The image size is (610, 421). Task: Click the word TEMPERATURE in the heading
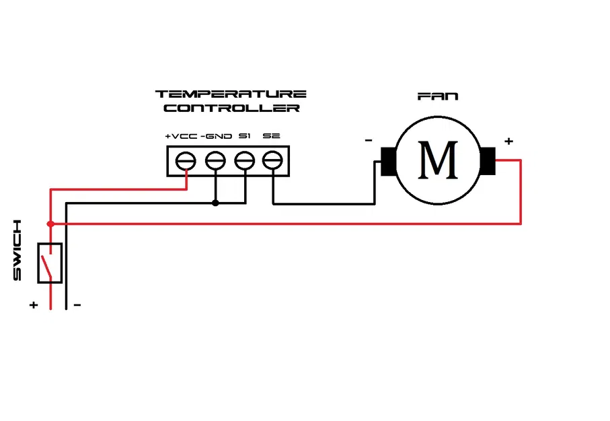click(x=231, y=94)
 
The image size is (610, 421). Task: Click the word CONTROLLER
click(x=231, y=108)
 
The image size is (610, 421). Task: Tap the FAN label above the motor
click(x=438, y=96)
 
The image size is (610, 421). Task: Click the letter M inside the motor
click(x=438, y=160)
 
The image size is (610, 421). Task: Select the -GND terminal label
click(x=216, y=136)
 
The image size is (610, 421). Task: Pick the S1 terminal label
click(x=245, y=136)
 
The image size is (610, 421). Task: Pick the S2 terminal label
click(x=272, y=136)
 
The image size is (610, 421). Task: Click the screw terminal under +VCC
click(x=186, y=161)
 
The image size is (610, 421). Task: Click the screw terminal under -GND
click(x=215, y=161)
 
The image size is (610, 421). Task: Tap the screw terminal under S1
click(x=243, y=161)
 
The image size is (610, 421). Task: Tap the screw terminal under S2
click(x=272, y=161)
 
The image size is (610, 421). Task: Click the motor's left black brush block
click(x=389, y=162)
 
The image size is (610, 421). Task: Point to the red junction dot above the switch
click(x=50, y=224)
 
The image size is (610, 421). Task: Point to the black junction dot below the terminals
click(x=215, y=203)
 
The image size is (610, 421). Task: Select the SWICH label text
click(x=18, y=250)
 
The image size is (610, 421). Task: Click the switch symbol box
click(x=50, y=263)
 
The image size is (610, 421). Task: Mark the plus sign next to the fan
click(x=508, y=141)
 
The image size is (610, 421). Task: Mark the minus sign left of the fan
click(x=369, y=141)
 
